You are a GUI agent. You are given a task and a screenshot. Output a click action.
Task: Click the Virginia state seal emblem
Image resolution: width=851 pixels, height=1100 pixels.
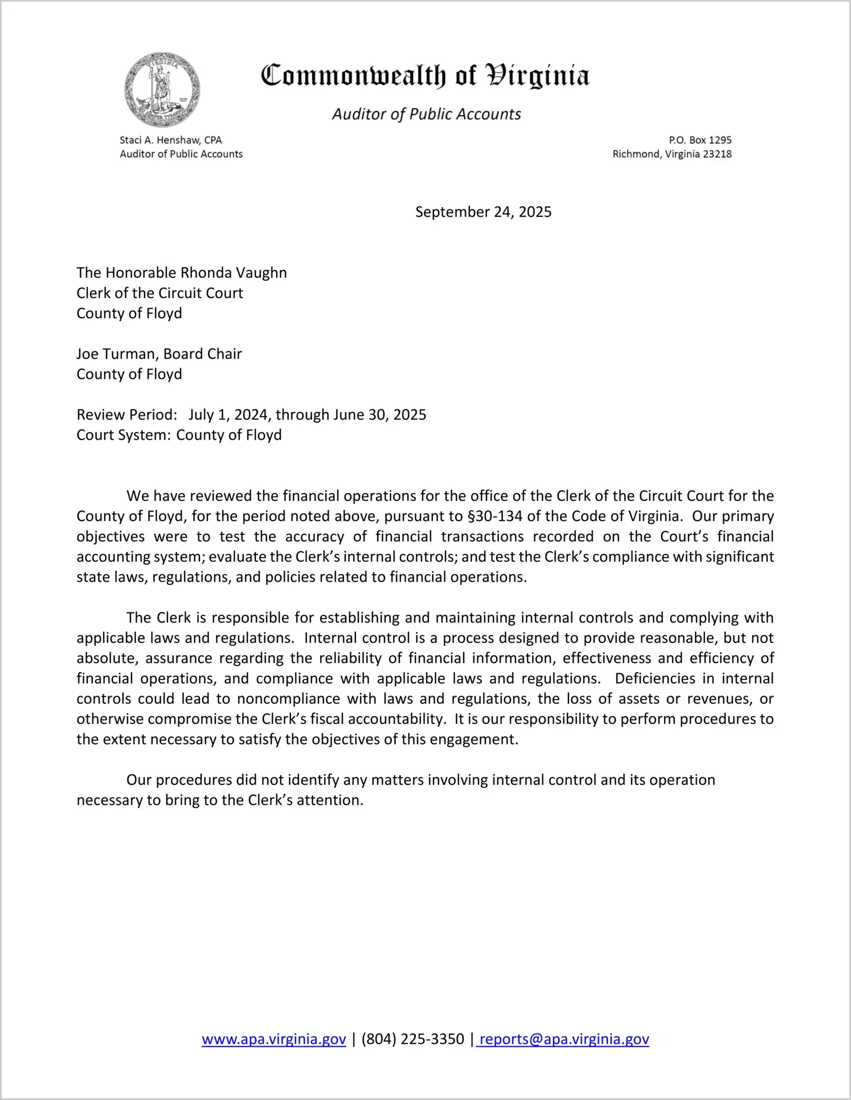click(162, 89)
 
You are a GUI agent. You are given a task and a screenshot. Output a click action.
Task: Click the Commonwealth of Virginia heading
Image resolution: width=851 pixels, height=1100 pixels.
click(425, 76)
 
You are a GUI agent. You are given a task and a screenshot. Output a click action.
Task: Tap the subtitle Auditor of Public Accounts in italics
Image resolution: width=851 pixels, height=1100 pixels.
click(426, 114)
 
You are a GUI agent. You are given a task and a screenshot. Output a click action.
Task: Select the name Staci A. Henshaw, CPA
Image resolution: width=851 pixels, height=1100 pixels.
click(170, 140)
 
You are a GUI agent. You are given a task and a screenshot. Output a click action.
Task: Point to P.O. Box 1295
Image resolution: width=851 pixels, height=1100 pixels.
click(700, 140)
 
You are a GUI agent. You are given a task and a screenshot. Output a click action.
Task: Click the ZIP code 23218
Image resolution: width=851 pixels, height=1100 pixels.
click(717, 154)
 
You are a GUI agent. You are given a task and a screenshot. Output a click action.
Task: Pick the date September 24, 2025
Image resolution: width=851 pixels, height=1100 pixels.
click(483, 212)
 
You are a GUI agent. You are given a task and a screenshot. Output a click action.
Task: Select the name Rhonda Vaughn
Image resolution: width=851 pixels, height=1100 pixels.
click(234, 273)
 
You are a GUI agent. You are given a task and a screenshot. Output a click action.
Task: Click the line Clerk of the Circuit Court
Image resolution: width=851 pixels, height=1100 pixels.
click(159, 293)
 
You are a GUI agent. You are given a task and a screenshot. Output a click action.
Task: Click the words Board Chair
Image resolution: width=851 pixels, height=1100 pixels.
click(202, 354)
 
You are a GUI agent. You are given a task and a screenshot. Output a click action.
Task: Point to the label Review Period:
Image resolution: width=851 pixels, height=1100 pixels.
click(126, 415)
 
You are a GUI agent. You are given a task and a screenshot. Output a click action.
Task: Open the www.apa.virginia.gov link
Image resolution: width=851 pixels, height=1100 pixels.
click(273, 1039)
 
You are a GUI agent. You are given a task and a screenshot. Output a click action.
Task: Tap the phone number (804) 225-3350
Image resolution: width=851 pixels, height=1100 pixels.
click(412, 1039)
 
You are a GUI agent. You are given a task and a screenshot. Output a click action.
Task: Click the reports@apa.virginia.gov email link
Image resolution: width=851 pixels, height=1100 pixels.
click(564, 1039)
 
